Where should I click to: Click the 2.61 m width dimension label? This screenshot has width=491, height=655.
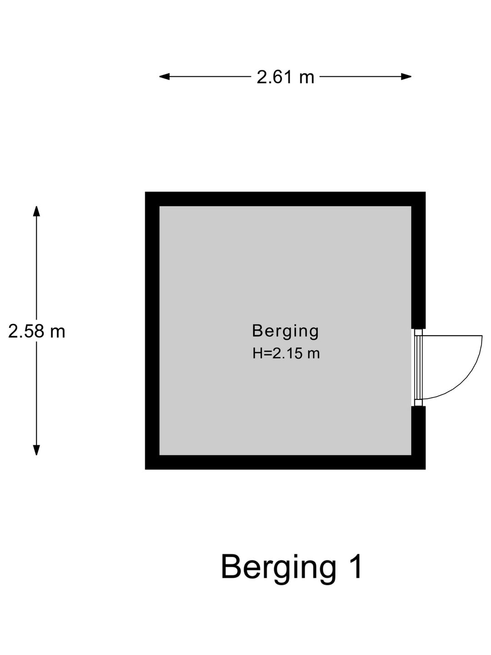pyautogui.click(x=286, y=77)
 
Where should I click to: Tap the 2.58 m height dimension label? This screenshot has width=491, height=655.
pyautogui.click(x=36, y=331)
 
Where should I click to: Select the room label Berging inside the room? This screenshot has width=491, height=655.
pyautogui.click(x=286, y=332)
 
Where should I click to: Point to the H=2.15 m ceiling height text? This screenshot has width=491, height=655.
pyautogui.click(x=286, y=353)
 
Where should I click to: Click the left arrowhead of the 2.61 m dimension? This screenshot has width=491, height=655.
pyautogui.click(x=164, y=77)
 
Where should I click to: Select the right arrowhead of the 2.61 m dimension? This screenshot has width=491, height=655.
pyautogui.click(x=406, y=77)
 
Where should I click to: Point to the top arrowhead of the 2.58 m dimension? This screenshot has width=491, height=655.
pyautogui.click(x=36, y=211)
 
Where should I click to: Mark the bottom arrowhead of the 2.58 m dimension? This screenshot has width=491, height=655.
pyautogui.click(x=36, y=450)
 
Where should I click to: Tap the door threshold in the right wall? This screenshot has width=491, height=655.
pyautogui.click(x=418, y=368)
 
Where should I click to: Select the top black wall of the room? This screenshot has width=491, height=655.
pyautogui.click(x=285, y=199)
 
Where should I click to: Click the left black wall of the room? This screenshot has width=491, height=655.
pyautogui.click(x=152, y=330)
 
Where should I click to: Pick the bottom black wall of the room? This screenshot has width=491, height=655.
pyautogui.click(x=285, y=462)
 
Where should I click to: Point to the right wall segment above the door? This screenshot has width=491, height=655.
pyautogui.click(x=418, y=260)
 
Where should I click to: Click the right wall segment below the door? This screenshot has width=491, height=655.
pyautogui.click(x=418, y=438)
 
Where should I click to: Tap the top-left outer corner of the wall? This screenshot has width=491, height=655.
pyautogui.click(x=145, y=192)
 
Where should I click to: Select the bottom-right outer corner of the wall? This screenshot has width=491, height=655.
pyautogui.click(x=426, y=469)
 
